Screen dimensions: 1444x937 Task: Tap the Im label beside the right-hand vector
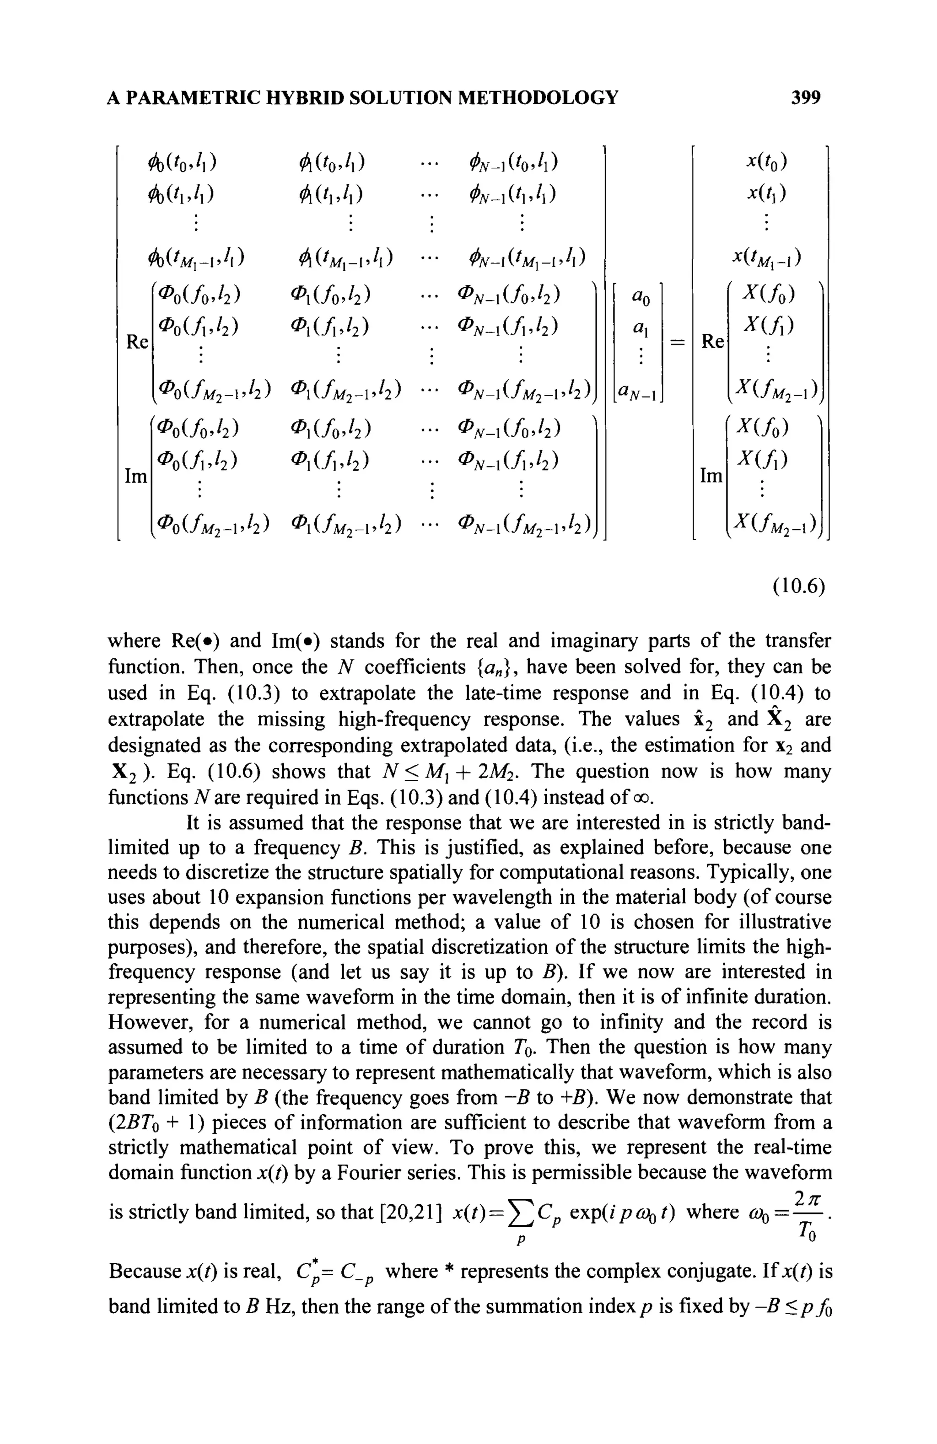[x=711, y=476]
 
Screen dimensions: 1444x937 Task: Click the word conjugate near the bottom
[x=690, y=1271]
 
